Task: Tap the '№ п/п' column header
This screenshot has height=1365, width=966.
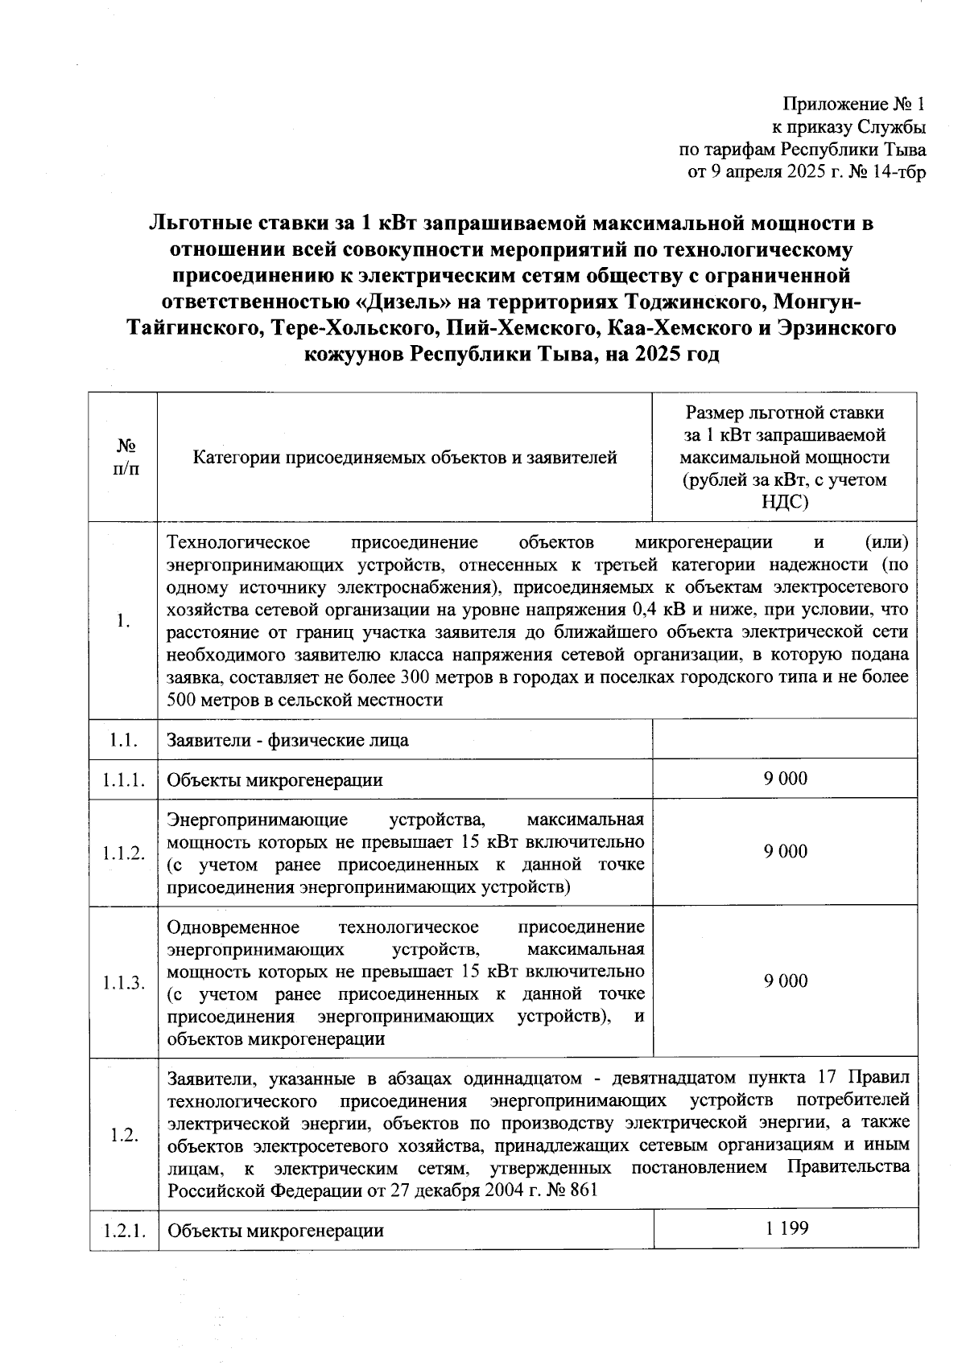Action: click(x=124, y=457)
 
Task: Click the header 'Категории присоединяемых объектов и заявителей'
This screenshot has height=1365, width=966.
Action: click(x=405, y=458)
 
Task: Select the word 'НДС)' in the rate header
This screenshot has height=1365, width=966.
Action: click(x=784, y=502)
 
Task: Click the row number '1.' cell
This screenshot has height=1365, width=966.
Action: click(x=124, y=621)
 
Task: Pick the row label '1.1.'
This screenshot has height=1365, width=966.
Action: click(x=124, y=740)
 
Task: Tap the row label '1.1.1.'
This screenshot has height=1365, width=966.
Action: click(x=124, y=779)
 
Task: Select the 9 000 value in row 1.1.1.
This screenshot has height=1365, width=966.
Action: click(x=785, y=778)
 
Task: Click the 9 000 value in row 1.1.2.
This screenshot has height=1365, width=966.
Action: click(x=785, y=852)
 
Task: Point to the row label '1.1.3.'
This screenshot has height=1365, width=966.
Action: click(x=124, y=982)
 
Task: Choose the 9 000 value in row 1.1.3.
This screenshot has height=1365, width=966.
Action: click(x=785, y=981)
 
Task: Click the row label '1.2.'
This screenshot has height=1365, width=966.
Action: click(x=124, y=1134)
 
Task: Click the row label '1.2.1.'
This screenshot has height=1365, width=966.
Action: click(x=124, y=1231)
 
